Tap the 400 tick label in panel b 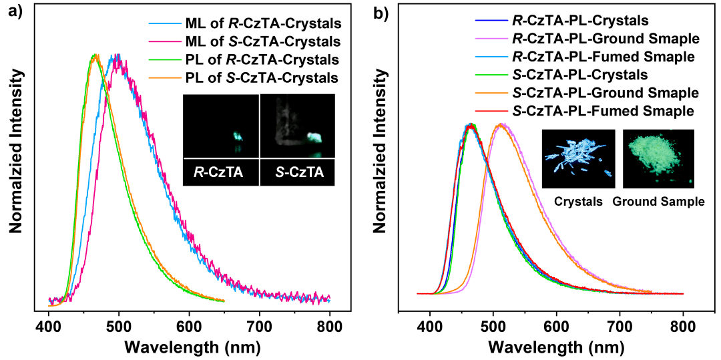[430, 328]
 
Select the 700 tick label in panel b [620, 328]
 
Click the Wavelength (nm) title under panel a [190, 347]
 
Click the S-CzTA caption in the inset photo [297, 173]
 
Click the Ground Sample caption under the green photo [658, 200]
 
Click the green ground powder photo [658, 158]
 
